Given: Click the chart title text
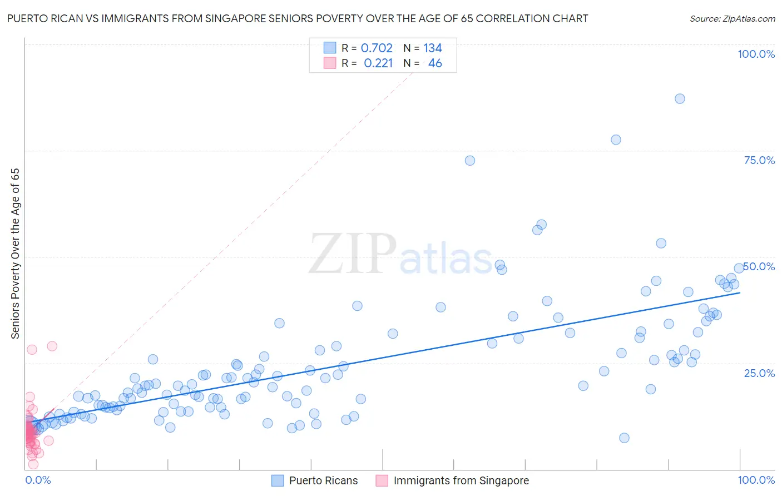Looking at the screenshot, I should (x=297, y=18).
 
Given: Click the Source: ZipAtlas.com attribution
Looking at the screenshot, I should (x=732, y=18).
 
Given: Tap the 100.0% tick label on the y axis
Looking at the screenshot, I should (x=756, y=54).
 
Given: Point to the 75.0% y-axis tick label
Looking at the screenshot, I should (x=759, y=160).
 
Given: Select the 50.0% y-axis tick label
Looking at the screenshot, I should (x=759, y=266).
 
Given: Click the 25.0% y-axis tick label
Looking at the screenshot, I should (x=759, y=373).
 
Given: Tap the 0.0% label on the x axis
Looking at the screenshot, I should (x=38, y=480).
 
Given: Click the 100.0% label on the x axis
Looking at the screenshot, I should (x=756, y=480).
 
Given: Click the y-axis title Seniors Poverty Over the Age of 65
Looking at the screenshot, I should (x=16, y=254).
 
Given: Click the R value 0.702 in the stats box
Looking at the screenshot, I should (x=377, y=48).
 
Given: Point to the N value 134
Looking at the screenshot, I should (x=432, y=48).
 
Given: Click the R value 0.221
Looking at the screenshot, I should (x=378, y=63).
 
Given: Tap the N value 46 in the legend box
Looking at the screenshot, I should (x=435, y=63).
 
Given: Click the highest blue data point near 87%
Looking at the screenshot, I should (x=680, y=98).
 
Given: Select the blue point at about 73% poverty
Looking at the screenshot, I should (x=470, y=160).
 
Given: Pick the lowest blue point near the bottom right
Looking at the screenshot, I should (x=624, y=438).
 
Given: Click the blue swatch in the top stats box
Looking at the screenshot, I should (x=330, y=48).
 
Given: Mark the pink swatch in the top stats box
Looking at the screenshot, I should (x=330, y=63).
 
